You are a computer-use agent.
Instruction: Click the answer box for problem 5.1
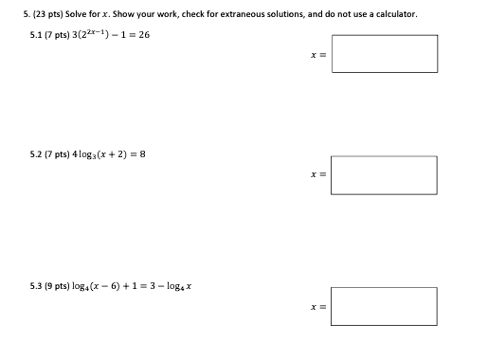(385, 54)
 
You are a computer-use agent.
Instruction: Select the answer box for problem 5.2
(385, 175)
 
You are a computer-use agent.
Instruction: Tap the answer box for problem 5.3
(385, 306)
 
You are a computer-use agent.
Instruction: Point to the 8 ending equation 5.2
(142, 155)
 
